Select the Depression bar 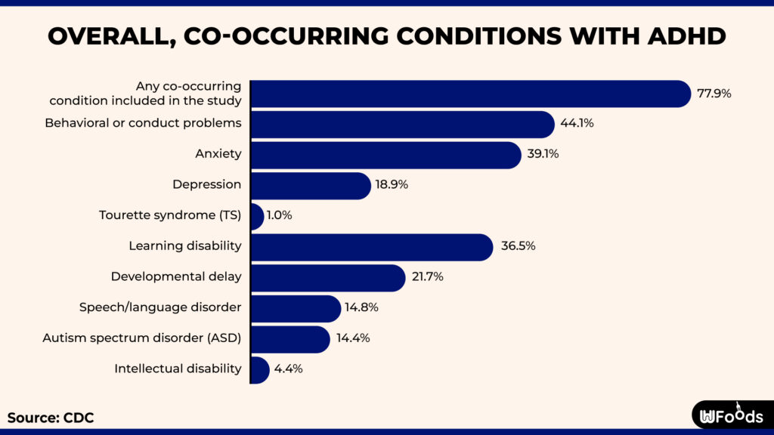click(310, 185)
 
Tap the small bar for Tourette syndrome click(257, 216)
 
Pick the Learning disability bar click(371, 247)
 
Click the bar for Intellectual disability click(259, 369)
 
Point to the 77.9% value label click(714, 94)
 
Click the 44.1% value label click(577, 124)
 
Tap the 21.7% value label click(428, 277)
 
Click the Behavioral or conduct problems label click(143, 123)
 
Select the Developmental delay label click(176, 276)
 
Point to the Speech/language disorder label click(160, 307)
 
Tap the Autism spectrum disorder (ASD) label click(142, 338)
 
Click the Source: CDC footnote click(51, 417)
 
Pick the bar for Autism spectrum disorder click(289, 339)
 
